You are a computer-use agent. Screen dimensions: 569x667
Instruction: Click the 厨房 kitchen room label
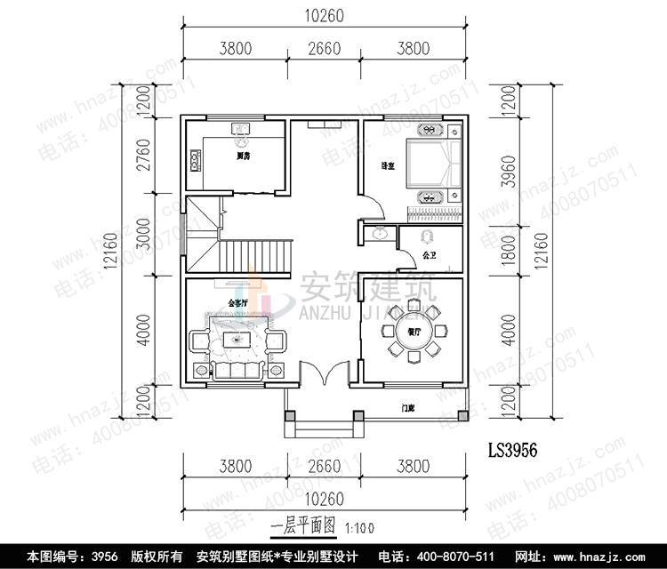pyautogui.click(x=241, y=156)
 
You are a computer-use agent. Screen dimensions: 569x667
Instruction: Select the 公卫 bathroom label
pyautogui.click(x=430, y=255)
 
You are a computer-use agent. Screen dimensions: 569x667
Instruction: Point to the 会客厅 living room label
pyautogui.click(x=237, y=302)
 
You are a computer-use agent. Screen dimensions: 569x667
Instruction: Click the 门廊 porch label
pyautogui.click(x=408, y=408)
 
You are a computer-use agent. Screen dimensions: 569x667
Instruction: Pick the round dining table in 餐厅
pyautogui.click(x=414, y=331)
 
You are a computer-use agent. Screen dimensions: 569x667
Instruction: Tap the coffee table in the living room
pyautogui.click(x=237, y=339)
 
